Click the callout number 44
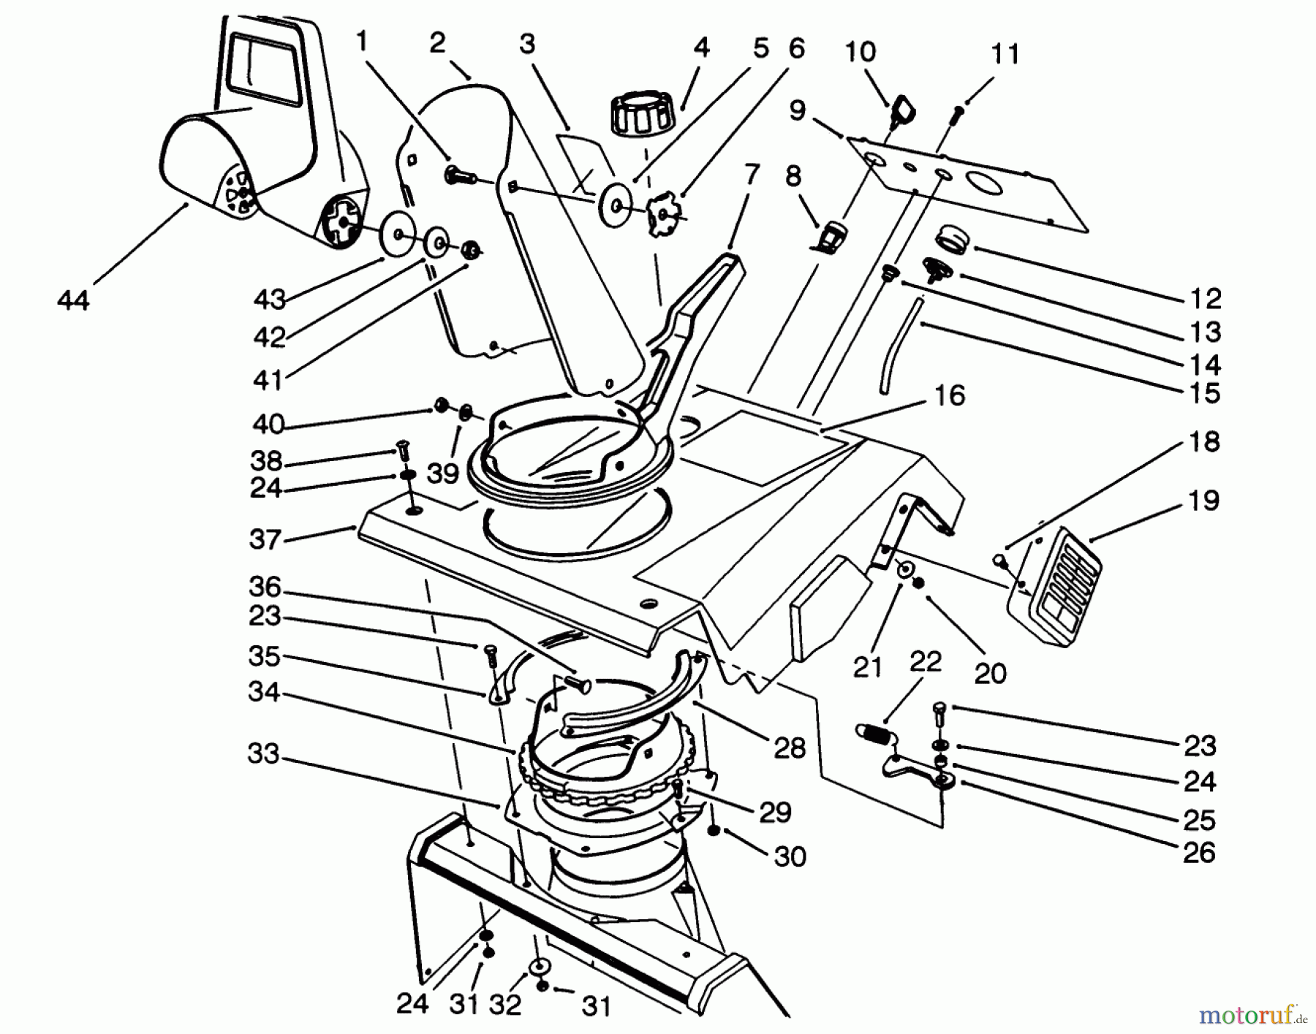pos(73,300)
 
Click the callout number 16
pos(950,395)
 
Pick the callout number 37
pos(265,540)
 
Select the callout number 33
pos(263,753)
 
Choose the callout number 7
pos(751,175)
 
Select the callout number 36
pos(265,587)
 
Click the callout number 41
pos(268,379)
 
